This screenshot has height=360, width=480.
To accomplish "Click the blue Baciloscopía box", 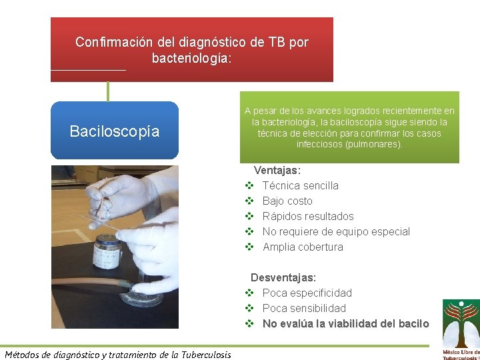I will point(115,131).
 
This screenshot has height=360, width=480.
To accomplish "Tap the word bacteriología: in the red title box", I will point(192,59).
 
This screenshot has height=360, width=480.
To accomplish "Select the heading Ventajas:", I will point(277,171).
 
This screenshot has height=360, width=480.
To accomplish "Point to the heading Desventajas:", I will point(283,277).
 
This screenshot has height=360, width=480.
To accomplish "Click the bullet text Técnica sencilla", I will point(301,185).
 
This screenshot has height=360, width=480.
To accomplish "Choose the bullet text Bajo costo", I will point(287,201).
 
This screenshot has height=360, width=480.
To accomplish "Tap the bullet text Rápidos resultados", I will point(308,216).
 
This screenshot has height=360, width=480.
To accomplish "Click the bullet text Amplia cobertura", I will point(303,247).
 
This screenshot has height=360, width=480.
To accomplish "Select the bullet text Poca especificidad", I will point(307,293).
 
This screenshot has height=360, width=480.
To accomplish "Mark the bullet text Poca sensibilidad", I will point(304,308).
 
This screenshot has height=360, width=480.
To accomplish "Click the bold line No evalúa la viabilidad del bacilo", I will point(345,323).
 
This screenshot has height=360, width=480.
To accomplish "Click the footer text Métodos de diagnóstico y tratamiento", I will point(117,354).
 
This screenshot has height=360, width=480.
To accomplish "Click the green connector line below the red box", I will point(108,91).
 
